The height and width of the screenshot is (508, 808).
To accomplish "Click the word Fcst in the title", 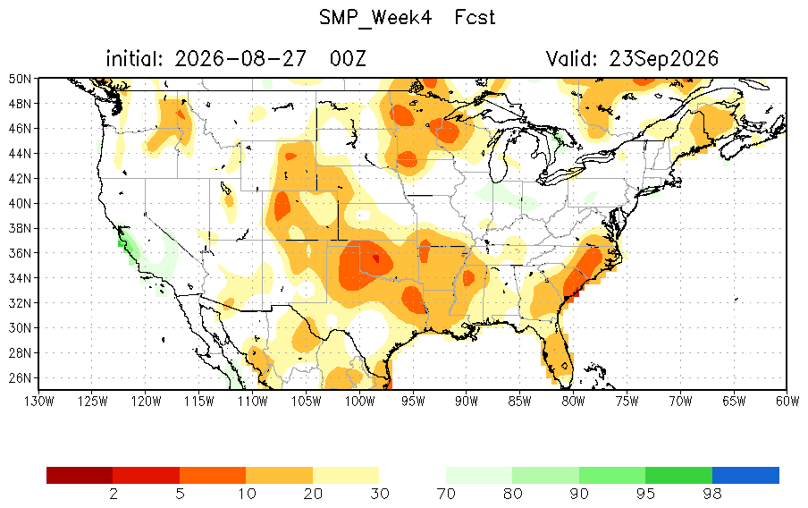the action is (x=475, y=18).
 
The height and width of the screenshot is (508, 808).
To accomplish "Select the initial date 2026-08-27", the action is (x=240, y=59).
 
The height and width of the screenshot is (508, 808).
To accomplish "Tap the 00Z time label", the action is (x=348, y=59).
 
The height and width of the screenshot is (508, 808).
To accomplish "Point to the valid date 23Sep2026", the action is (x=663, y=59).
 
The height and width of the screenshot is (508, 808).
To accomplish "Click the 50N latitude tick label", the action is (x=20, y=79).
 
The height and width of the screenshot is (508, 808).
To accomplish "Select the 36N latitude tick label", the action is (x=20, y=253).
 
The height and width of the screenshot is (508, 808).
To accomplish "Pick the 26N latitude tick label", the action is (x=20, y=378).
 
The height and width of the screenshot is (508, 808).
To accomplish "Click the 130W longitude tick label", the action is (x=39, y=402).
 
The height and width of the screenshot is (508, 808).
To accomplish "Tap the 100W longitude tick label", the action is (x=359, y=402).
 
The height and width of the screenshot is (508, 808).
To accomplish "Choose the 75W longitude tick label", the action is (x=627, y=402).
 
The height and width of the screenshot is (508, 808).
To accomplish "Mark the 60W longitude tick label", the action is (x=787, y=402).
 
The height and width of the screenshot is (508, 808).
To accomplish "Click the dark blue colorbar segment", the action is (x=745, y=475).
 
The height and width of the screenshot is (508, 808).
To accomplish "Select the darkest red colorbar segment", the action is (x=80, y=475).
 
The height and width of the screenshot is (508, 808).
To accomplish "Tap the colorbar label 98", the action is (x=712, y=494).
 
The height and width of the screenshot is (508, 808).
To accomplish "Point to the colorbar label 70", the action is (x=446, y=494).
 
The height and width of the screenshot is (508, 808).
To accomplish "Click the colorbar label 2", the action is (x=114, y=494).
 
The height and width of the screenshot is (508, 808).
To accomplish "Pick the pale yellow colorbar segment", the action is (x=346, y=475).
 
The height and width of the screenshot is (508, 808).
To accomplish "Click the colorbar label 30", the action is (x=380, y=494).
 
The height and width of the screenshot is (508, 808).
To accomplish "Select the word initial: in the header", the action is (x=134, y=59).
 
